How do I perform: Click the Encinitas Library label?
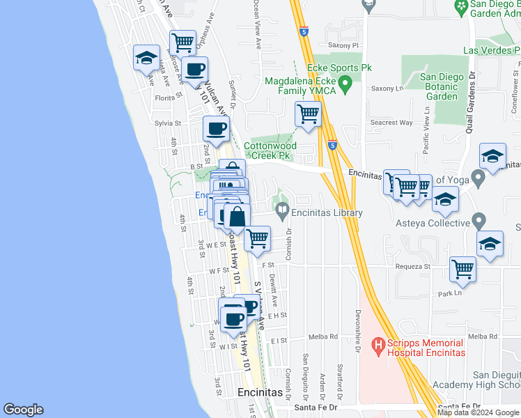(x=327, y=212)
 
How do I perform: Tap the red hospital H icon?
(x=378, y=344)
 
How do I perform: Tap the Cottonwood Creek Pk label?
(x=270, y=150)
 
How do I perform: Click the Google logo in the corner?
(x=23, y=410)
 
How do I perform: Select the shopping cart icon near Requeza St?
(x=462, y=270)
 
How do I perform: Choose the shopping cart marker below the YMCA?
(x=308, y=114)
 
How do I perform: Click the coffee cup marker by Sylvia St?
(x=216, y=128)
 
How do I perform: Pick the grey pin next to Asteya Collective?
(x=478, y=222)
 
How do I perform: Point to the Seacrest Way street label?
(x=391, y=123)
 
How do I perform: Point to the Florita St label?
(x=169, y=98)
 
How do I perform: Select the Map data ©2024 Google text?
(x=478, y=412)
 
